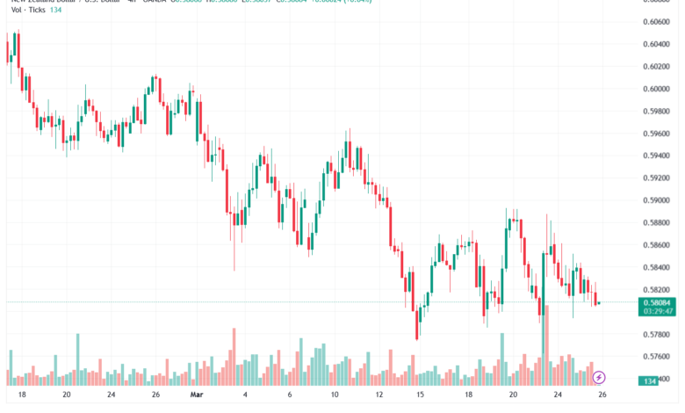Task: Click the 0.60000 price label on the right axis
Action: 657,89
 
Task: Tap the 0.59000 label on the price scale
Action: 657,200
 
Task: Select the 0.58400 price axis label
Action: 657,267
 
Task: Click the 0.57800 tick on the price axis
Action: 657,334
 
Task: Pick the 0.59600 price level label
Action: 657,134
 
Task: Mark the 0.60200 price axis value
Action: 657,67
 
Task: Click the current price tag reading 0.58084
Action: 657,301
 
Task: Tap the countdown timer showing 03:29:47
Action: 657,311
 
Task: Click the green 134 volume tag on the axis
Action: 652,380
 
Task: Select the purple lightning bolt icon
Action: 599,377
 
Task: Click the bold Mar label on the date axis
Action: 198,395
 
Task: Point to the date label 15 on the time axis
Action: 421,395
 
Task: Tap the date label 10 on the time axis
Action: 335,395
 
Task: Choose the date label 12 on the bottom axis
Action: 379,395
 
